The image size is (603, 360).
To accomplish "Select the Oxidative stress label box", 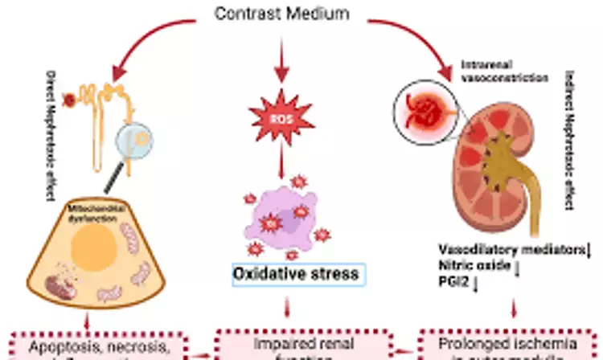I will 295,273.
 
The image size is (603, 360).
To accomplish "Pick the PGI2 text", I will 460,282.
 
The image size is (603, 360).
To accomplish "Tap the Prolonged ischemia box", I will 510,344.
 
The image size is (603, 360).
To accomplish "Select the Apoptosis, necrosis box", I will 93,346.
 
